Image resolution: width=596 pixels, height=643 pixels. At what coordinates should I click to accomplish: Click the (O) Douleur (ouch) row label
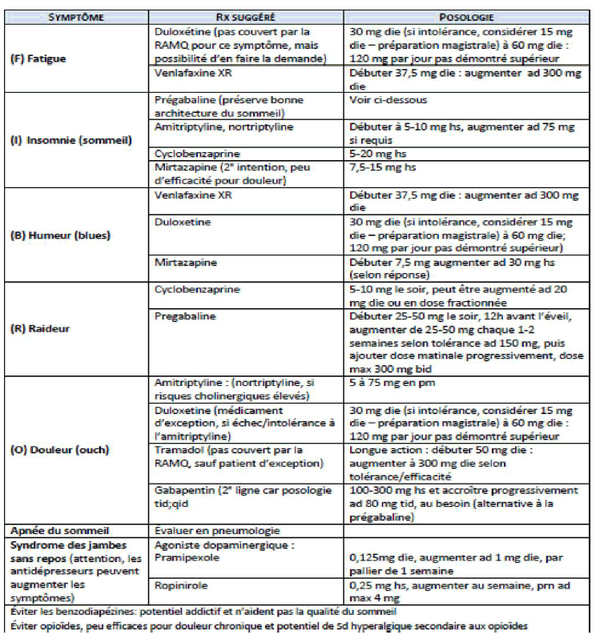[60, 449]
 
